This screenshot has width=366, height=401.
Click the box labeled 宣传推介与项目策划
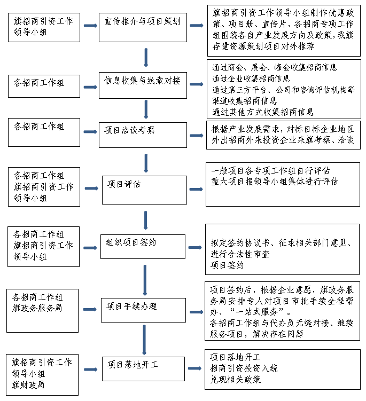(x=143, y=27)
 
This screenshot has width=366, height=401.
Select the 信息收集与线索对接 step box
(x=143, y=85)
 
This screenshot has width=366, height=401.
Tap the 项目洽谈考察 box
(x=143, y=135)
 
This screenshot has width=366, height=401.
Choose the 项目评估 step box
(x=144, y=190)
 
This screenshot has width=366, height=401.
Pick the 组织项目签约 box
(x=143, y=247)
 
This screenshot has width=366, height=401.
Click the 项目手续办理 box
(x=143, y=310)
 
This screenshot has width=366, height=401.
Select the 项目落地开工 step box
(x=143, y=369)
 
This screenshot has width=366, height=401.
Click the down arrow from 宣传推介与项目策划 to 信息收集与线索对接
(x=146, y=58)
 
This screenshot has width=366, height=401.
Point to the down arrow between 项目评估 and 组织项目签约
(x=145, y=220)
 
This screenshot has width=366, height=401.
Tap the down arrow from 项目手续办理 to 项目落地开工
(x=144, y=340)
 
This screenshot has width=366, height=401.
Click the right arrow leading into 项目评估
(x=91, y=188)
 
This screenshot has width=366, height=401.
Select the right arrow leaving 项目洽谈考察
(x=197, y=136)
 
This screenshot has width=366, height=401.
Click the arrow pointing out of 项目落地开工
(x=195, y=368)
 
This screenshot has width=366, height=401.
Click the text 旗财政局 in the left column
(x=28, y=384)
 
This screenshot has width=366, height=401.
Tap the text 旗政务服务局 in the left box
(x=37, y=308)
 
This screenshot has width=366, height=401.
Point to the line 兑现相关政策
(x=236, y=380)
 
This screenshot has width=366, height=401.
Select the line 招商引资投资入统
(x=244, y=368)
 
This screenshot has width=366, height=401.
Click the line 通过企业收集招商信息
(x=251, y=78)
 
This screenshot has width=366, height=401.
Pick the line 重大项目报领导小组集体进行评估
(x=275, y=182)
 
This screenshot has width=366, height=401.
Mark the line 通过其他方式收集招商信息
(x=263, y=112)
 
